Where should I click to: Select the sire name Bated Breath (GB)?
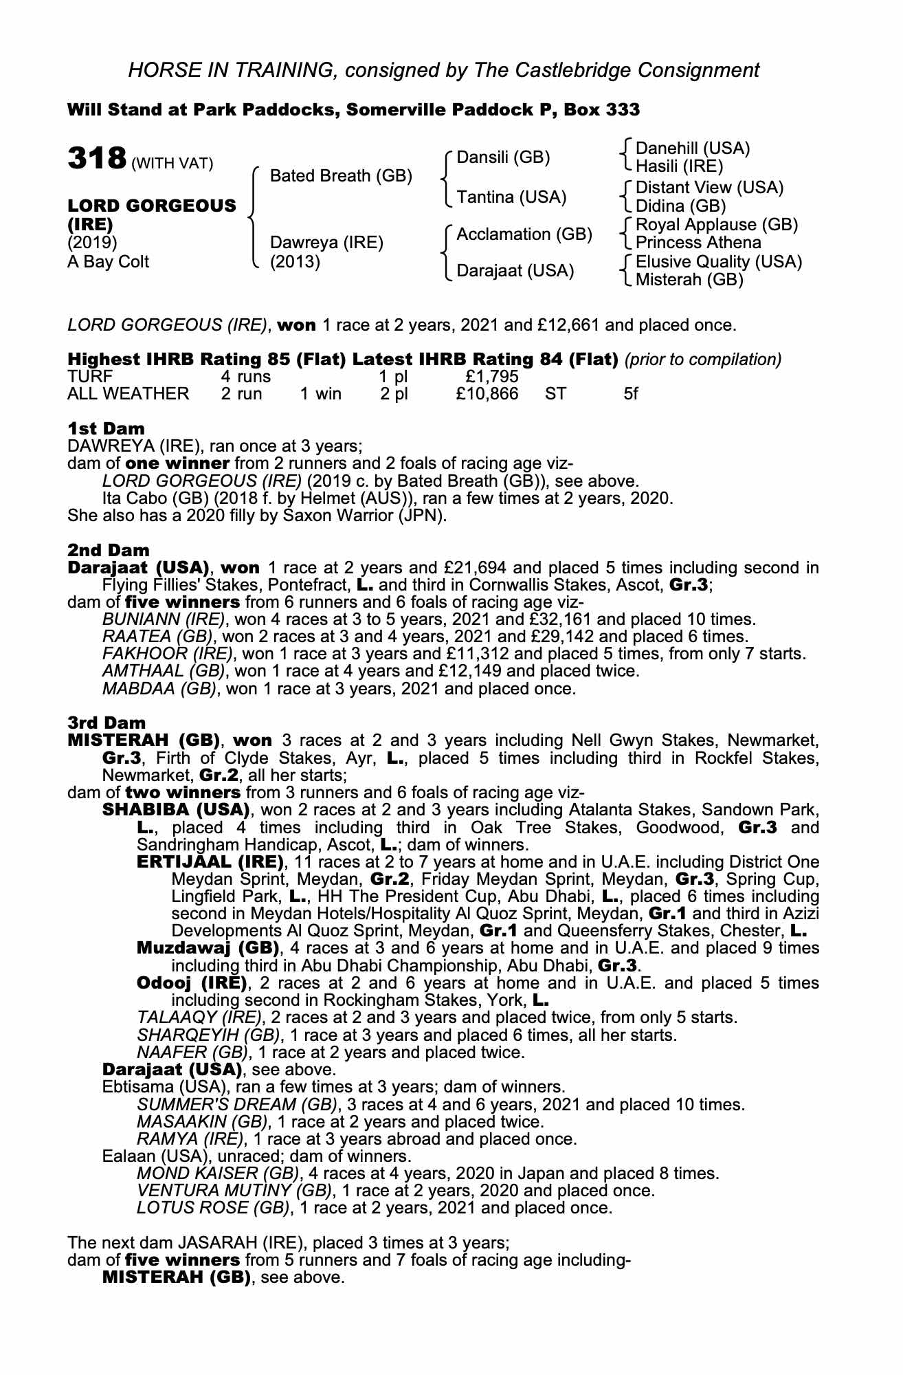pos(341,176)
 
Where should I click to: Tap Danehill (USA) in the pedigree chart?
pos(693,148)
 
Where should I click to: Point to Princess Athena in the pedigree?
pos(698,243)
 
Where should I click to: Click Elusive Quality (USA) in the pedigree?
pos(719,261)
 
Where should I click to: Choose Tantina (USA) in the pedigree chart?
pos(511,197)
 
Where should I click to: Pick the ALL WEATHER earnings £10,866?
pos(487,394)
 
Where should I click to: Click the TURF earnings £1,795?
pos(491,377)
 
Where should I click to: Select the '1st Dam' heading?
pos(106,429)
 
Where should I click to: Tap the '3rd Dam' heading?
pos(107,723)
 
